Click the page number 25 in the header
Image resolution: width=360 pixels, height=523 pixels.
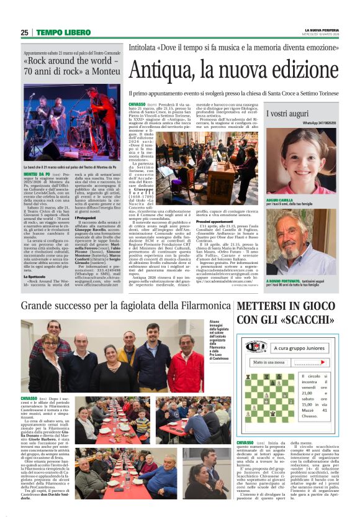pyautogui.click(x=24, y=32)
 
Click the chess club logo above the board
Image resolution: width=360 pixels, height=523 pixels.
pyautogui.click(x=256, y=347)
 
